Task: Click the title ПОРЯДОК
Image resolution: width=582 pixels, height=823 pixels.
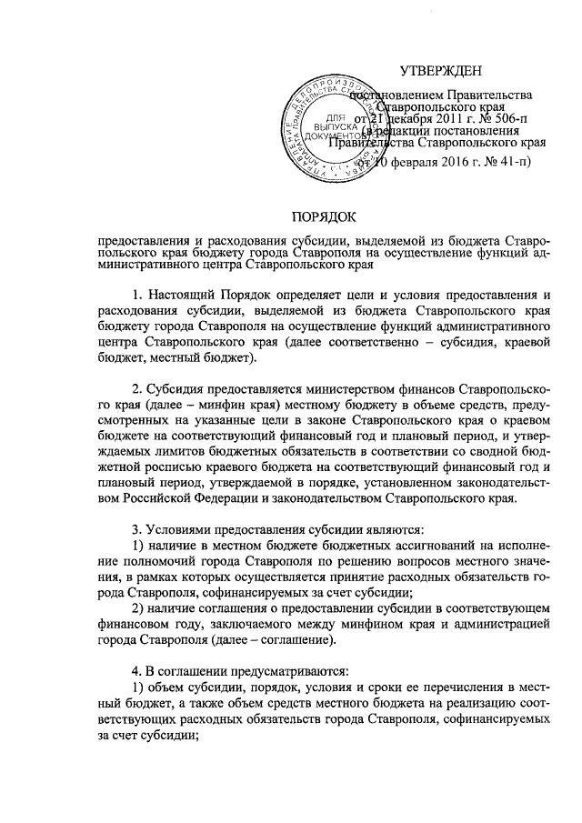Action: [x=324, y=216]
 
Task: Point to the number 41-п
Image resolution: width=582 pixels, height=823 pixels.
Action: [x=509, y=162]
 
